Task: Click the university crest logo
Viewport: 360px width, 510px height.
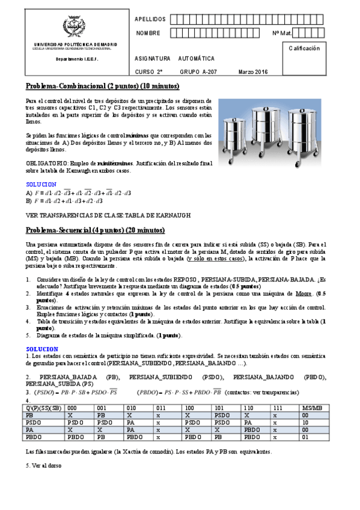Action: point(75,28)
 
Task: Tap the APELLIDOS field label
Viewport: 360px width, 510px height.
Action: point(149,19)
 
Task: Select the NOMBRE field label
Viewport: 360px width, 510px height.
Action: point(148,33)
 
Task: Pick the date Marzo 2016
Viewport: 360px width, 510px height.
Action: point(253,72)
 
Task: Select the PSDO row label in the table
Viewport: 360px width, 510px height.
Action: point(33,422)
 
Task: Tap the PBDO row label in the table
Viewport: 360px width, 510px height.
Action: point(33,437)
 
